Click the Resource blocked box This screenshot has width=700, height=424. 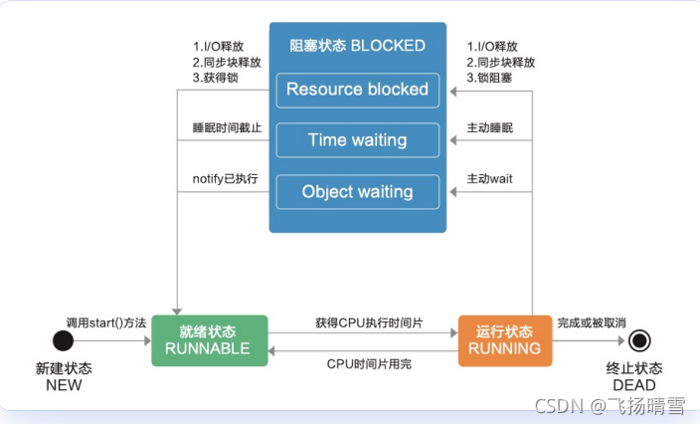(x=357, y=90)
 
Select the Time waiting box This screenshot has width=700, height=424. (x=357, y=140)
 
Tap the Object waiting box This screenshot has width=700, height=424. (x=357, y=191)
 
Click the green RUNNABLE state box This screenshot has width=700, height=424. (x=209, y=340)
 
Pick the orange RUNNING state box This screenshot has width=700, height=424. (x=505, y=340)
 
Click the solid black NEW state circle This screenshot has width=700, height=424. (x=64, y=341)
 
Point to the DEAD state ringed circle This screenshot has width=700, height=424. (x=639, y=341)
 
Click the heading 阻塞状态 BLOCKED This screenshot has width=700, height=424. (x=357, y=46)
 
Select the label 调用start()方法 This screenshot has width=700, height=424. (x=106, y=323)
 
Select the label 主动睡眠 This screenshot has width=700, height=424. (x=491, y=128)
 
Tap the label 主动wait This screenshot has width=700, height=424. (x=490, y=179)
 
